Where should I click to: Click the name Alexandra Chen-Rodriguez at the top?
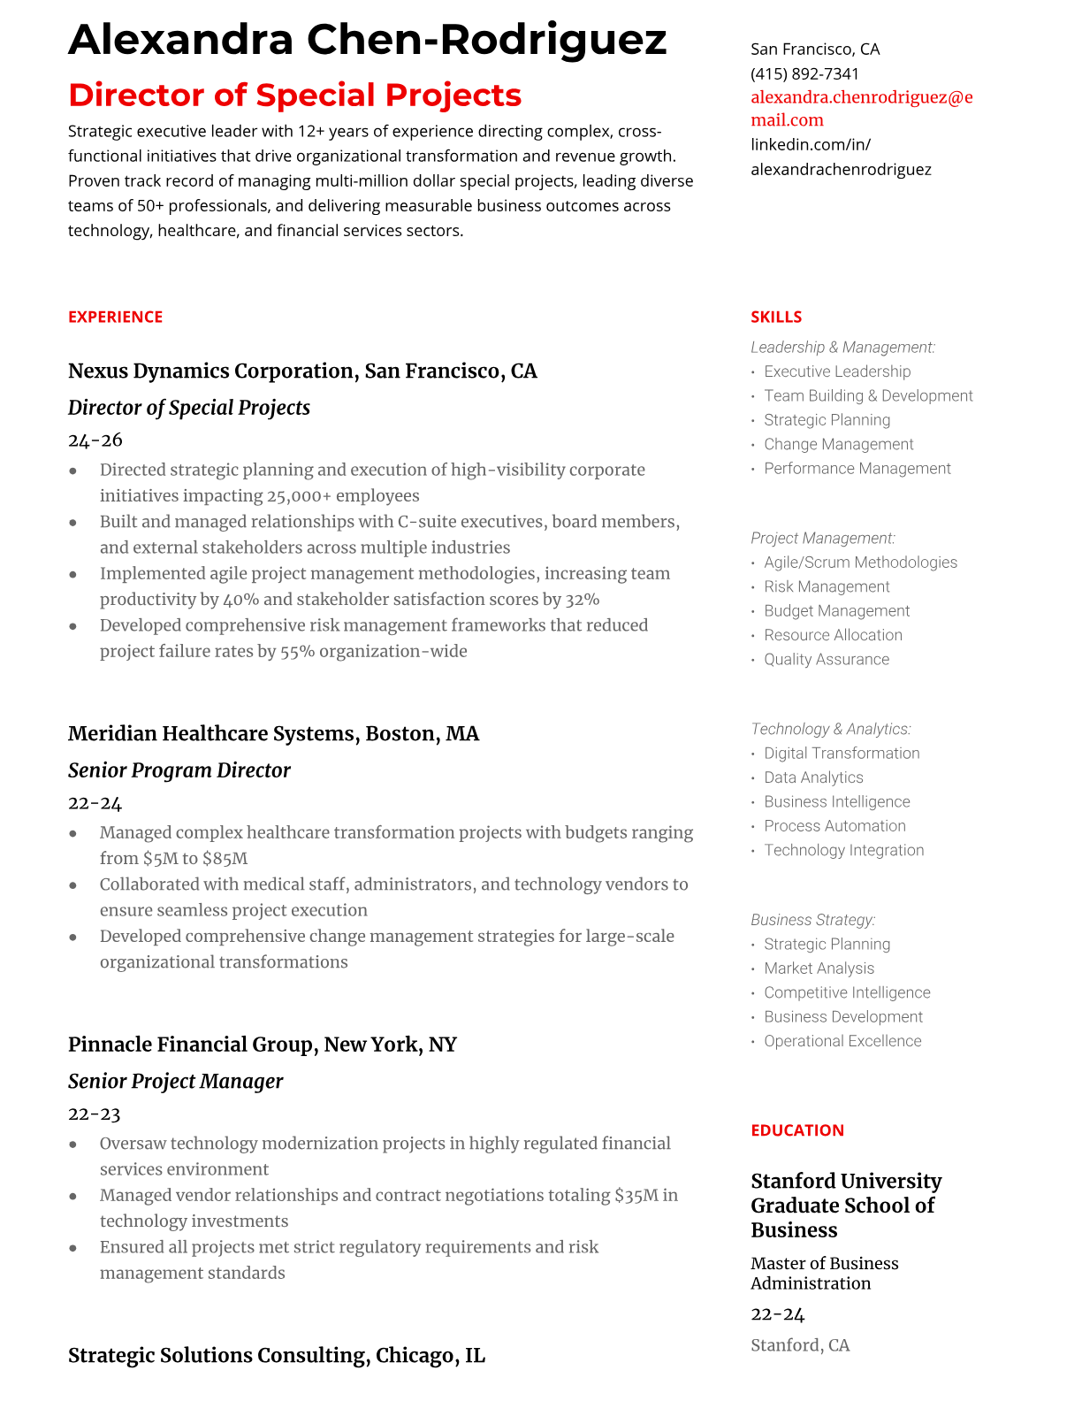point(367,40)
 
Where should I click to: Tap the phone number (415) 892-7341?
point(804,73)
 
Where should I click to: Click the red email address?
point(861,109)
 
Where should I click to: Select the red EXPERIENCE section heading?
point(116,317)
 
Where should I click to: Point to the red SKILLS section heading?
point(776,317)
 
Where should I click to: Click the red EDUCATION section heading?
point(797,1130)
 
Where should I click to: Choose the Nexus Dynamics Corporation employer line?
point(302,371)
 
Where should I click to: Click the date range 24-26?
point(95,440)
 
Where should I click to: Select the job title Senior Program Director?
point(179,770)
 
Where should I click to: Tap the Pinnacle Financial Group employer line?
point(263,1045)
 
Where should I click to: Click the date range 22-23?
point(95,1114)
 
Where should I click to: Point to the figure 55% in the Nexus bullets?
point(297,652)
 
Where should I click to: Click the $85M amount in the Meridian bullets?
point(225,859)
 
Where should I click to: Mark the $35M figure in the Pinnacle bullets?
point(636,1196)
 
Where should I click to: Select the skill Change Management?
point(839,444)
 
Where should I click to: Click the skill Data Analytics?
point(813,777)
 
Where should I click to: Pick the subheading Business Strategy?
point(813,920)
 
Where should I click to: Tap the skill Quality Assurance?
point(827,659)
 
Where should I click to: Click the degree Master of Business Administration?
point(824,1274)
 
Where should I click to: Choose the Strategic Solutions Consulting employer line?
point(277,1355)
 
